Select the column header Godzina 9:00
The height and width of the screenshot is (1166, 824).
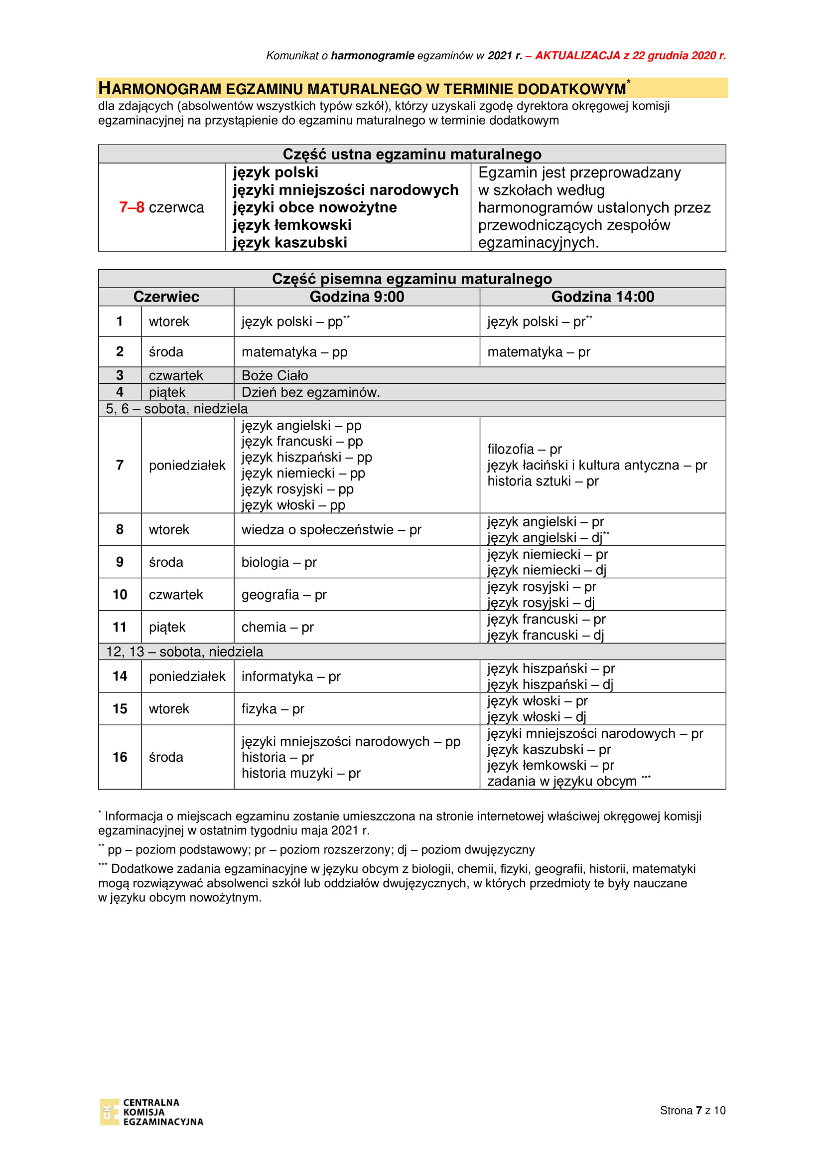point(357,297)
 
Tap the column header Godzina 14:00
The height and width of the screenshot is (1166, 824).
point(602,297)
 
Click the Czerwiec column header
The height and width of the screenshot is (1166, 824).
point(166,297)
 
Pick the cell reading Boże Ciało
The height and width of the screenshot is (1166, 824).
point(275,375)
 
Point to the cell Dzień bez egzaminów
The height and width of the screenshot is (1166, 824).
point(310,392)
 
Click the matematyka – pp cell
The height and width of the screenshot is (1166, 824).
point(294,352)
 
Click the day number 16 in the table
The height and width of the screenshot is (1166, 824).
point(120,757)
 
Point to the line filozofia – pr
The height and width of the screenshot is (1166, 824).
point(524,449)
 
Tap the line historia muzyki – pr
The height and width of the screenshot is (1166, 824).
point(301,773)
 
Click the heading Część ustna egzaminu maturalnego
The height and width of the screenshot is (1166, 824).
point(412,154)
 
